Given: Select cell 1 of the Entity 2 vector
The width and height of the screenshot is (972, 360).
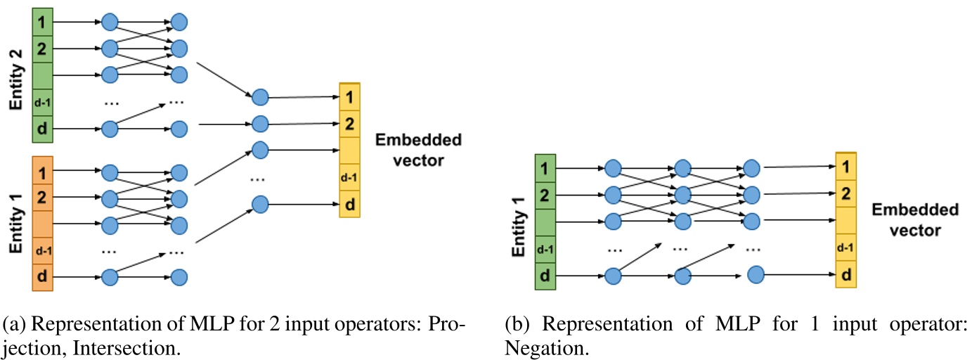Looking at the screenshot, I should click(x=41, y=22).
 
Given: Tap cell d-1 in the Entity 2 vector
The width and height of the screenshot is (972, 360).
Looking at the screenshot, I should click(x=41, y=103).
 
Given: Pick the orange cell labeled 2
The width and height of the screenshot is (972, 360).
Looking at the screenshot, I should click(x=41, y=197).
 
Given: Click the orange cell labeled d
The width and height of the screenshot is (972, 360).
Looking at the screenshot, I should click(x=41, y=277).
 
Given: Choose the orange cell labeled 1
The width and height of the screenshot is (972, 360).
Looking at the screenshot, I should click(x=41, y=172).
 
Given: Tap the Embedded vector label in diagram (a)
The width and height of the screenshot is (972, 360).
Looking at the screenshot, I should click(x=418, y=150).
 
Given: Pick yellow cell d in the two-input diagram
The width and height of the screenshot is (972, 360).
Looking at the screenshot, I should click(x=349, y=205).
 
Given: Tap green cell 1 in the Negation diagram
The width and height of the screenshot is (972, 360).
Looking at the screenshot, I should click(x=545, y=168).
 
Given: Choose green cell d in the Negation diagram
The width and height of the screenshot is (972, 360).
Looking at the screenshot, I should click(x=545, y=275).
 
